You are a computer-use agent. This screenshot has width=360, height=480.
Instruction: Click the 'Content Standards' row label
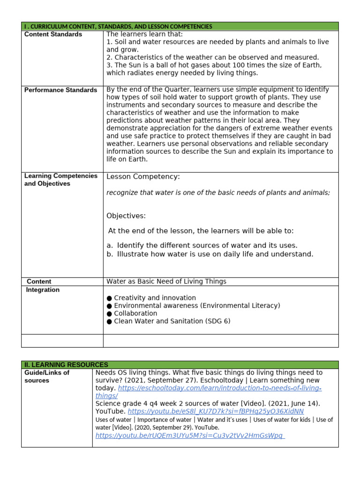point(53,34)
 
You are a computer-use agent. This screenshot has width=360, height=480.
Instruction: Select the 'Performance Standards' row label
point(60,90)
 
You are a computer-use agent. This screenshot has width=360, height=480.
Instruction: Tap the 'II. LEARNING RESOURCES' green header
point(66,365)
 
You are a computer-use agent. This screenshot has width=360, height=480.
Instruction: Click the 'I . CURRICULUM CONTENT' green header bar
point(118,27)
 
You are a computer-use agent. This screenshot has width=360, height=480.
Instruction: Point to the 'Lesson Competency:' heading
point(143,177)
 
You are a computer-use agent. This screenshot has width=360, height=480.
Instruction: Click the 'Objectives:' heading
point(126,216)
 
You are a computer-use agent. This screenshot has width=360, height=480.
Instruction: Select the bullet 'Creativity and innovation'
point(155,298)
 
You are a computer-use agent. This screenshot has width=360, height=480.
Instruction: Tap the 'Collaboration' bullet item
point(135,314)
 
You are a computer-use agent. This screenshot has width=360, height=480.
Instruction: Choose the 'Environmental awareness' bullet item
point(197,306)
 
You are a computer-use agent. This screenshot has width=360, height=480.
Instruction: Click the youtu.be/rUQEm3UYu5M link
point(190,435)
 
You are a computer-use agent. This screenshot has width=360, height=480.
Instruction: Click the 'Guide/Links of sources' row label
point(47,376)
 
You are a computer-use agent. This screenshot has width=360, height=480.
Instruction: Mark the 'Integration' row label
point(43,290)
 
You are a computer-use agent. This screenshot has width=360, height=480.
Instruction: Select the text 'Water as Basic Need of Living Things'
point(166,282)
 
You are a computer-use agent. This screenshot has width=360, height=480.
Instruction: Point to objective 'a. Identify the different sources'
point(202,246)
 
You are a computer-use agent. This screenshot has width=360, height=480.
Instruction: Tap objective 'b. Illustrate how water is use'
point(210,254)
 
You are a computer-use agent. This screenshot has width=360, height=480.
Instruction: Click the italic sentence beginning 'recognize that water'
point(218,193)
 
